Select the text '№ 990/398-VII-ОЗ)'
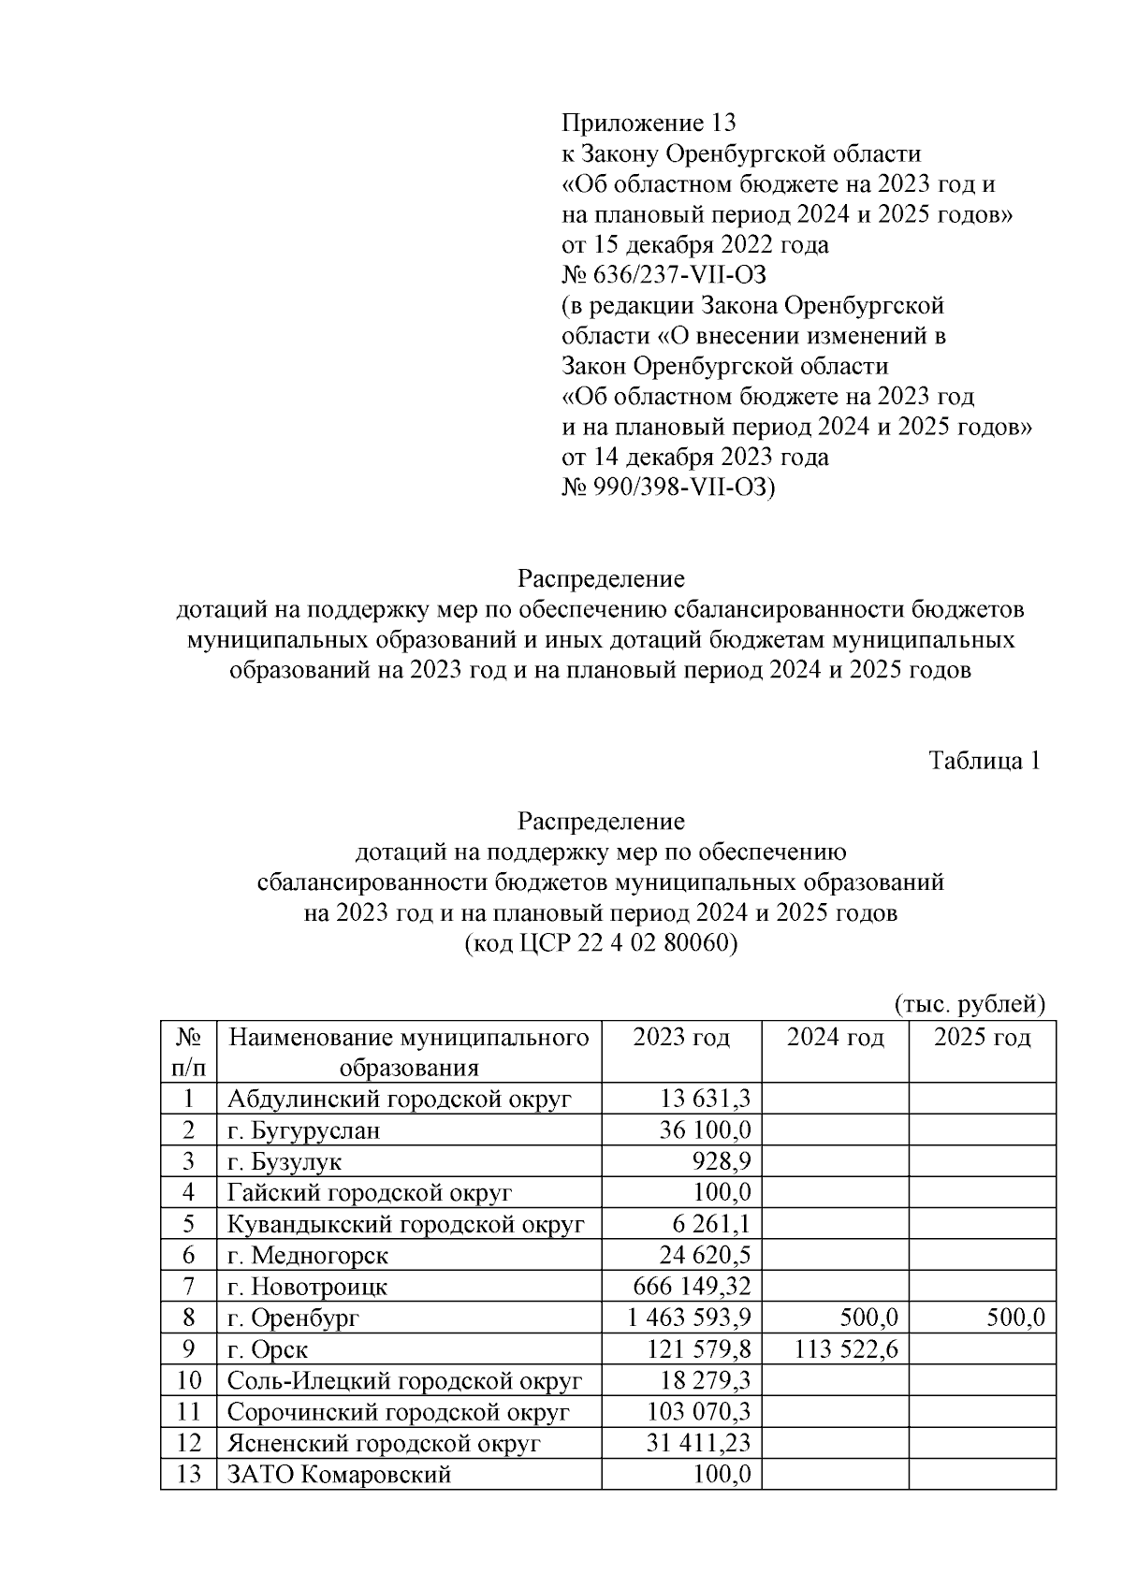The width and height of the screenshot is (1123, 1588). click(x=668, y=488)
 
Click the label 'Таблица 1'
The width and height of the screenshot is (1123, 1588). click(x=984, y=760)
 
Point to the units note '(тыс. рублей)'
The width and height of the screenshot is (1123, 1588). click(x=969, y=1004)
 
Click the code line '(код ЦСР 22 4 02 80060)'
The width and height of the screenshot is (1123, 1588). click(x=601, y=943)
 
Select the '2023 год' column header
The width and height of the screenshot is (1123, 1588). click(x=680, y=1037)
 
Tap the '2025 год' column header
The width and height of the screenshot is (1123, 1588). click(x=982, y=1037)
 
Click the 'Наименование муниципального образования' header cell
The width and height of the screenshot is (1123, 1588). click(x=409, y=1052)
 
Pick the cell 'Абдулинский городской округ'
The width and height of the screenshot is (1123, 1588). click(x=399, y=1099)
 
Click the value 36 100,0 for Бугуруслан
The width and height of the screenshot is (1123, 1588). click(x=705, y=1130)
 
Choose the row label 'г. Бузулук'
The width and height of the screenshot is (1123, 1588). click(x=284, y=1161)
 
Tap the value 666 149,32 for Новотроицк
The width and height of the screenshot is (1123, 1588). click(x=692, y=1287)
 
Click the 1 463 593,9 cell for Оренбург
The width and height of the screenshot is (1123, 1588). click(x=690, y=1318)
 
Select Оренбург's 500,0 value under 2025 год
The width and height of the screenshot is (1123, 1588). click(x=1014, y=1318)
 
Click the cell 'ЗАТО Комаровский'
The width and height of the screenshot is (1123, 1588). click(x=340, y=1475)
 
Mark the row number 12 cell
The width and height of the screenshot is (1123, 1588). click(x=188, y=1443)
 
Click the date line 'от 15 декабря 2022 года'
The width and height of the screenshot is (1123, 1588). click(x=694, y=245)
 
